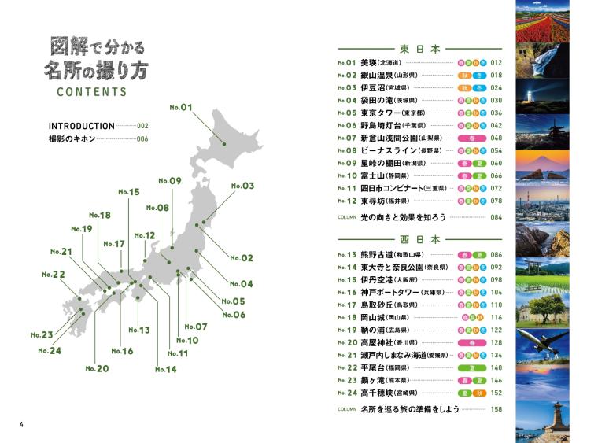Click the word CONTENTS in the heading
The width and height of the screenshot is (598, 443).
pyautogui.click(x=91, y=92)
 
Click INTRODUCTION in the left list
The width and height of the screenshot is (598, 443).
pyautogui.click(x=81, y=126)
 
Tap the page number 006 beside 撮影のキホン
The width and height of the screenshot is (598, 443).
pyautogui.click(x=142, y=139)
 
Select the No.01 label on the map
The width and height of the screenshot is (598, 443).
pyautogui.click(x=181, y=107)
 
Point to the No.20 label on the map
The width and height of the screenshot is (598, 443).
pyautogui.click(x=97, y=368)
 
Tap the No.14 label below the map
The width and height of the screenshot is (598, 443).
pyautogui.click(x=165, y=369)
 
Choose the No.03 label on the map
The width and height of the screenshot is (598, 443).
pyautogui.click(x=242, y=186)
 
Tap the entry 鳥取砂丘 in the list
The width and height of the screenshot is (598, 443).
pyautogui.click(x=378, y=305)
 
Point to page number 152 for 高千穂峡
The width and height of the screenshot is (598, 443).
pyautogui.click(x=496, y=393)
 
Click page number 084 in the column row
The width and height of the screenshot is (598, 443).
pyautogui.click(x=496, y=216)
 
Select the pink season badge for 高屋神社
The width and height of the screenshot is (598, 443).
pyautogui.click(x=468, y=342)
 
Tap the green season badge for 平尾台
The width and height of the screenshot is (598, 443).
pyautogui.click(x=468, y=367)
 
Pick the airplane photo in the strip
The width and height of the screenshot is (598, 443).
pyautogui.click(x=542, y=343)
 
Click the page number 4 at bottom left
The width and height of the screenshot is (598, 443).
pyautogui.click(x=21, y=426)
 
